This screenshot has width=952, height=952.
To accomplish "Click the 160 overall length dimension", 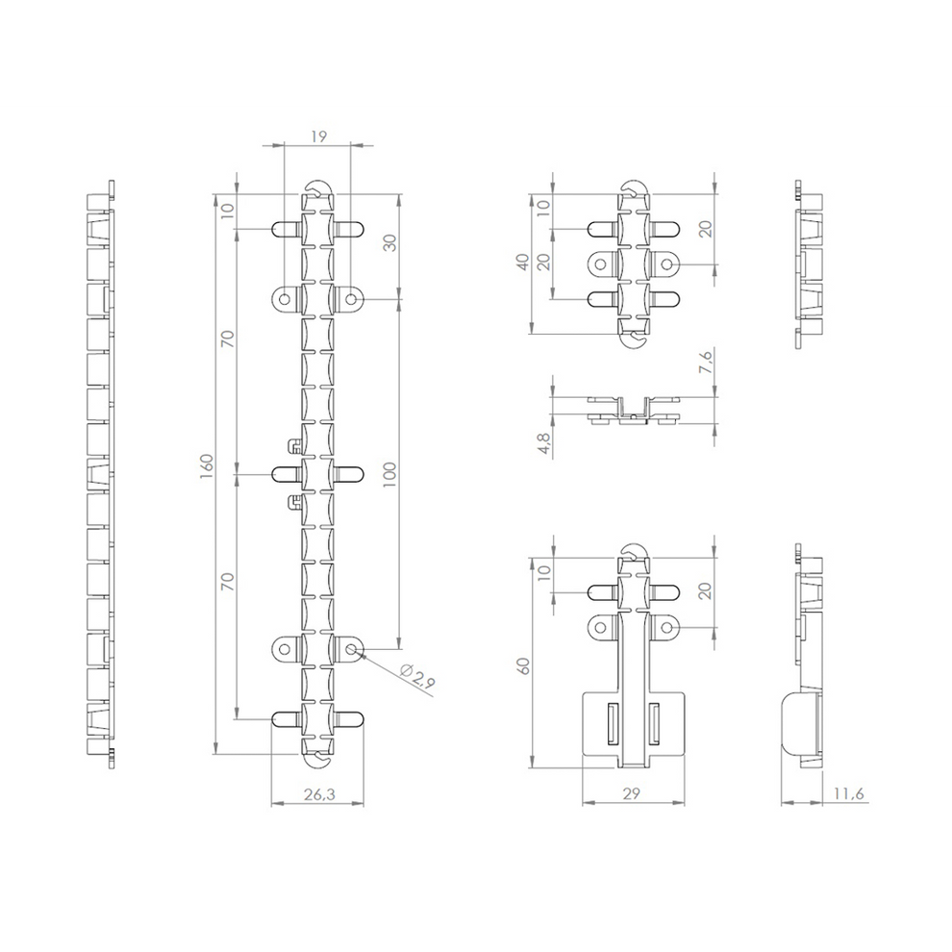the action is [x=207, y=465].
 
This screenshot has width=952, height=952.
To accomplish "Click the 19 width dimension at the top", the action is [x=318, y=137].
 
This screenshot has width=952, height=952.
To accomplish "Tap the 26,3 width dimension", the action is [x=319, y=794].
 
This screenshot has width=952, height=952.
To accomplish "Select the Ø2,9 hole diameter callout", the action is [x=417, y=676].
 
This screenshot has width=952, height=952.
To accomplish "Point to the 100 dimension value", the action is [x=389, y=474].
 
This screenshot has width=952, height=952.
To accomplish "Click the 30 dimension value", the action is [x=389, y=243].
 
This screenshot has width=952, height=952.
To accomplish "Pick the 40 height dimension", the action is [x=523, y=263].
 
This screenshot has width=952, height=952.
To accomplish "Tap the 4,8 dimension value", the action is [x=544, y=443].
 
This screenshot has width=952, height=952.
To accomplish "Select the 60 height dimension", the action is [x=523, y=666].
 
